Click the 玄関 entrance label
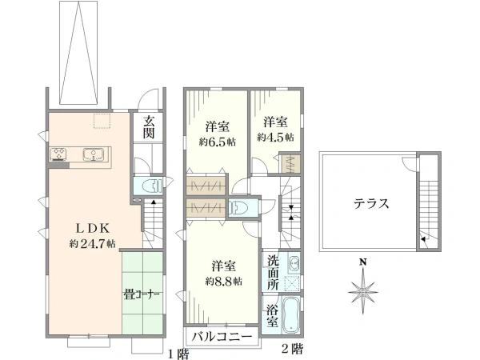tap(149, 128)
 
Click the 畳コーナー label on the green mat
tap(142, 294)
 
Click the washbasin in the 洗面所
tap(292, 264)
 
